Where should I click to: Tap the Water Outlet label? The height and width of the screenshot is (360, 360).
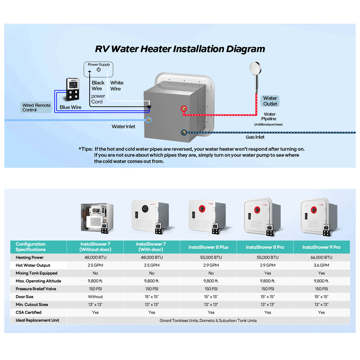point(270,101)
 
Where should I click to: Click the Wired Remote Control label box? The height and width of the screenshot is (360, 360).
point(36,107)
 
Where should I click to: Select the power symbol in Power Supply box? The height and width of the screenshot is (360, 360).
point(99,69)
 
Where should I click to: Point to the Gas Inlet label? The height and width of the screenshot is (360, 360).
point(255,137)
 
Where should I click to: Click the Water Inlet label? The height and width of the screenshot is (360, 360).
point(123,126)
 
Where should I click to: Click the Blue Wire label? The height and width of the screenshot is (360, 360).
point(71,107)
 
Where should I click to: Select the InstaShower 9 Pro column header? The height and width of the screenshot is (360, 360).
point(321,247)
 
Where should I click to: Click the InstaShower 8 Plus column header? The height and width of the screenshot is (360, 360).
point(208,247)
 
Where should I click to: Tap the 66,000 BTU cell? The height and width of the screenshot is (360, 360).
point(321,257)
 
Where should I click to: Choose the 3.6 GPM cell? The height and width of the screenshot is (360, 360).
point(321,265)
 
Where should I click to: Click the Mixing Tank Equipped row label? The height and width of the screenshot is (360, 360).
point(36,273)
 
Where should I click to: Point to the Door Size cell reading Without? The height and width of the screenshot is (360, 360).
point(95,297)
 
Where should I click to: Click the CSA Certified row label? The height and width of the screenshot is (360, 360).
point(28,312)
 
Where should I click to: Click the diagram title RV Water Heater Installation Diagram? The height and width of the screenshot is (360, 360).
point(180,49)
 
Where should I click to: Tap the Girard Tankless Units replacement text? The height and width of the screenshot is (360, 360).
point(208,320)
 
